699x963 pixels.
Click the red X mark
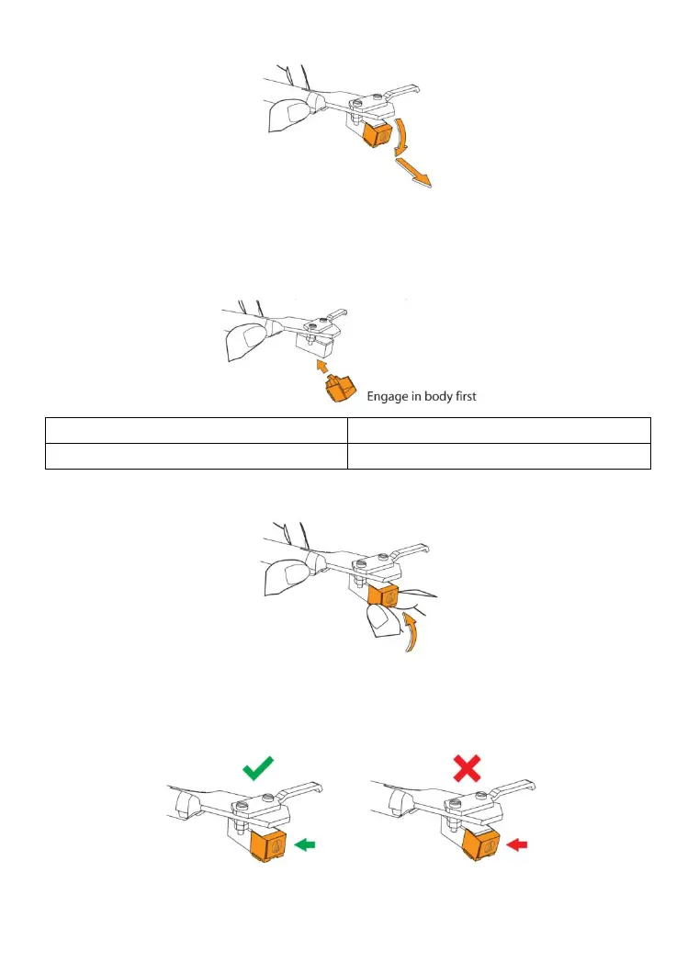(467, 767)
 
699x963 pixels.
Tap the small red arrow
(519, 842)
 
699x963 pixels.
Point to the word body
(441, 397)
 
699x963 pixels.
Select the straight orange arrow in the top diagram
(412, 173)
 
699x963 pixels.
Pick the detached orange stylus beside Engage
(337, 393)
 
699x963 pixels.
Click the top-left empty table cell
(197, 431)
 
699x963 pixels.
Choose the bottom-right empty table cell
(499, 456)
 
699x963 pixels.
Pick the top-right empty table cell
(499, 431)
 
